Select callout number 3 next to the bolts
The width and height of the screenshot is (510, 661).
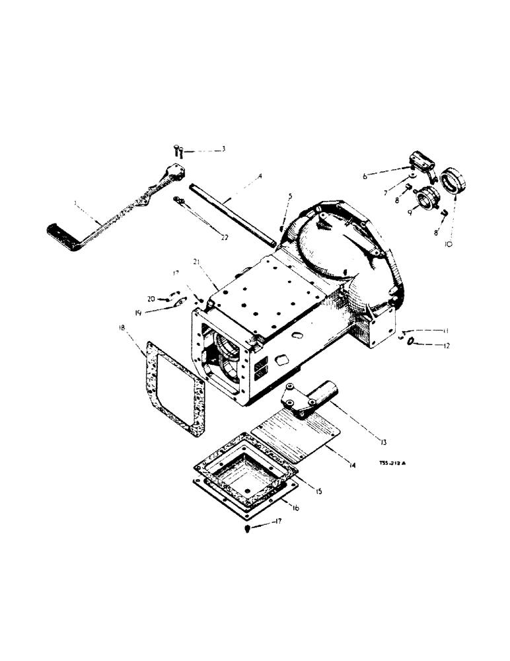(x=223, y=149)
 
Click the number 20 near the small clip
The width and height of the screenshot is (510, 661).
(x=151, y=299)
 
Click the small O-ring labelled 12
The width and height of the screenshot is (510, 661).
(x=411, y=341)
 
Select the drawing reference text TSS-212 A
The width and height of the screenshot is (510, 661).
(x=393, y=463)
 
